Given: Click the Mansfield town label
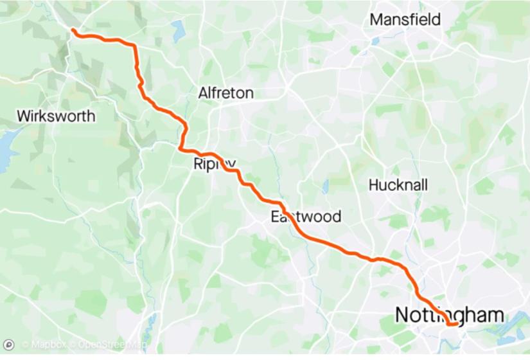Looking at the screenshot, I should pyautogui.click(x=405, y=20).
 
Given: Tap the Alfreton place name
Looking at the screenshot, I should pyautogui.click(x=225, y=93).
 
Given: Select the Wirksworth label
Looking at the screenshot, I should pyautogui.click(x=57, y=116).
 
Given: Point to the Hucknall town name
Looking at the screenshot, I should pyautogui.click(x=398, y=185).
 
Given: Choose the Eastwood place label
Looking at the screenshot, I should pyautogui.click(x=305, y=217).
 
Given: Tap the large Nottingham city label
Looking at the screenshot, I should pyautogui.click(x=448, y=315).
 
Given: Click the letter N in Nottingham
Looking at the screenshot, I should pyautogui.click(x=403, y=315).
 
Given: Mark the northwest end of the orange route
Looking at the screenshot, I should pyautogui.click(x=73, y=30).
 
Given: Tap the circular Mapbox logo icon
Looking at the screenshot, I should pyautogui.click(x=9, y=345).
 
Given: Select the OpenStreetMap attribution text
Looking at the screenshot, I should pyautogui.click(x=109, y=345).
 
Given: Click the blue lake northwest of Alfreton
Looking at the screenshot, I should pyautogui.click(x=178, y=30).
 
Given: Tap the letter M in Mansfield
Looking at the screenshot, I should pyautogui.click(x=375, y=20).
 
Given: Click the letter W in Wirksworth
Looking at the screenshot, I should pyautogui.click(x=24, y=116).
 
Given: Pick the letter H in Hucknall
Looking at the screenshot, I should pyautogui.click(x=373, y=185).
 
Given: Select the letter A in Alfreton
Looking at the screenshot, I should pyautogui.click(x=202, y=93).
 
